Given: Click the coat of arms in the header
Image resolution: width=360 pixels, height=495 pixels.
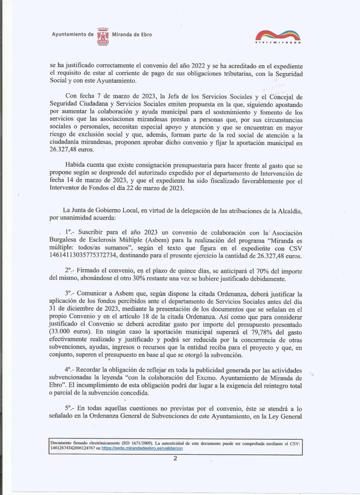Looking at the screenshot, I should (x=103, y=36).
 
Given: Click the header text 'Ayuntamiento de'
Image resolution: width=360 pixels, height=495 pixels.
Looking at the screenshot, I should (x=72, y=35).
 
